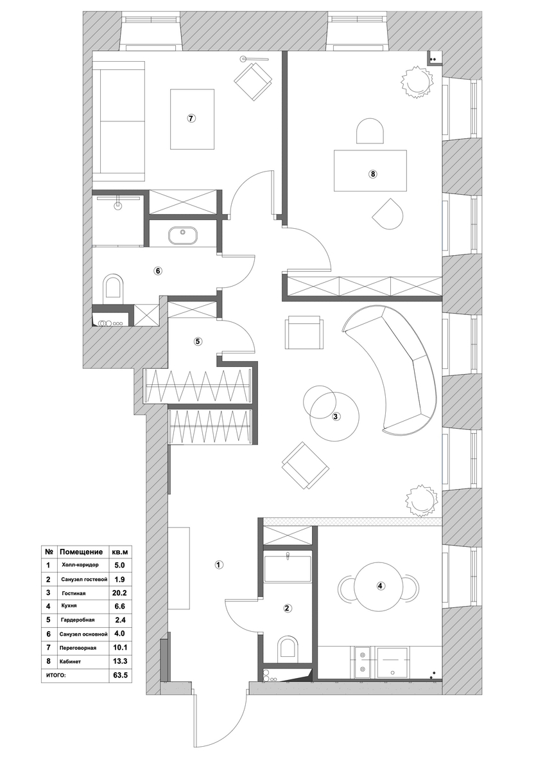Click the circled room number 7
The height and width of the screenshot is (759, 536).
[x=191, y=118]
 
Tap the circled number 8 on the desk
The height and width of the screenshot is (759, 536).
[x=372, y=173]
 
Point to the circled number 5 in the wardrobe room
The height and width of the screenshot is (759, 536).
[x=197, y=341]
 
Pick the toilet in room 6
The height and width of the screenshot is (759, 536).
[x=114, y=287]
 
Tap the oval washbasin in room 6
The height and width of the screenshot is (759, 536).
[x=183, y=236]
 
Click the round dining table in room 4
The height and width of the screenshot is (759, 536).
[x=380, y=585]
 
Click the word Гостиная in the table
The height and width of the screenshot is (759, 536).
[x=74, y=592]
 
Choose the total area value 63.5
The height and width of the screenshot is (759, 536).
[x=119, y=674]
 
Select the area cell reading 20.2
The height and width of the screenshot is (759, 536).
[x=119, y=592]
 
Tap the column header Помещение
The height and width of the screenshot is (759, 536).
[x=81, y=551]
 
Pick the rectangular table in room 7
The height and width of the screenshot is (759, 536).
[x=192, y=119]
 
